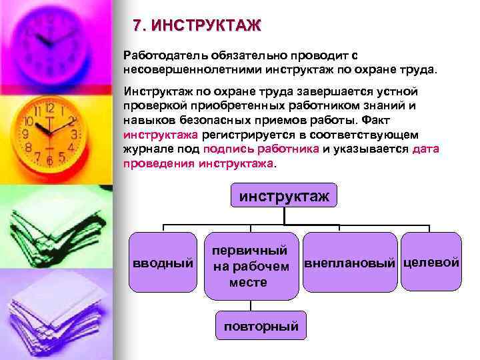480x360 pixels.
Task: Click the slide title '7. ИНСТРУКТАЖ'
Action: pos(197,27)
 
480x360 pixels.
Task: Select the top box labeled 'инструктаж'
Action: pos(284,196)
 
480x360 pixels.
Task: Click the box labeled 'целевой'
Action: pos(431,262)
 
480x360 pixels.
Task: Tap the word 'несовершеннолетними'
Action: pos(193,68)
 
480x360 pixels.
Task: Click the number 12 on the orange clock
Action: pos(49,108)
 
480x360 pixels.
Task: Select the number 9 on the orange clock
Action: pos(26,134)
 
